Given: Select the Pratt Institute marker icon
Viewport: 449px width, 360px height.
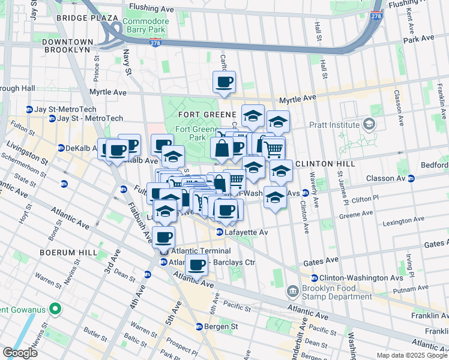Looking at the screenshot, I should coord(369,125).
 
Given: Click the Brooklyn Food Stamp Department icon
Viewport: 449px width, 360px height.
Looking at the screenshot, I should coord(292,292).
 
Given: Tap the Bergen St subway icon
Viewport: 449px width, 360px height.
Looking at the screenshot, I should coord(199,327).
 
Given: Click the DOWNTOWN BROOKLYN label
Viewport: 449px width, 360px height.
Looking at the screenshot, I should coord(68,46).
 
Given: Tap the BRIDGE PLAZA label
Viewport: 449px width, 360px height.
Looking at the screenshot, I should coord(86,18).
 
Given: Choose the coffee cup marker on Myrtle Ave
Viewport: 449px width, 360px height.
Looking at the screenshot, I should coord(224,82).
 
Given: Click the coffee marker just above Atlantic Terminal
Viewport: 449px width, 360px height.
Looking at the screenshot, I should coord(164,237).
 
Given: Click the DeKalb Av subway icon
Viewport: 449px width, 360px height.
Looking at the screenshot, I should coord(61,148).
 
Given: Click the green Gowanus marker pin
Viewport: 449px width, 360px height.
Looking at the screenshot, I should coord(55,310).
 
